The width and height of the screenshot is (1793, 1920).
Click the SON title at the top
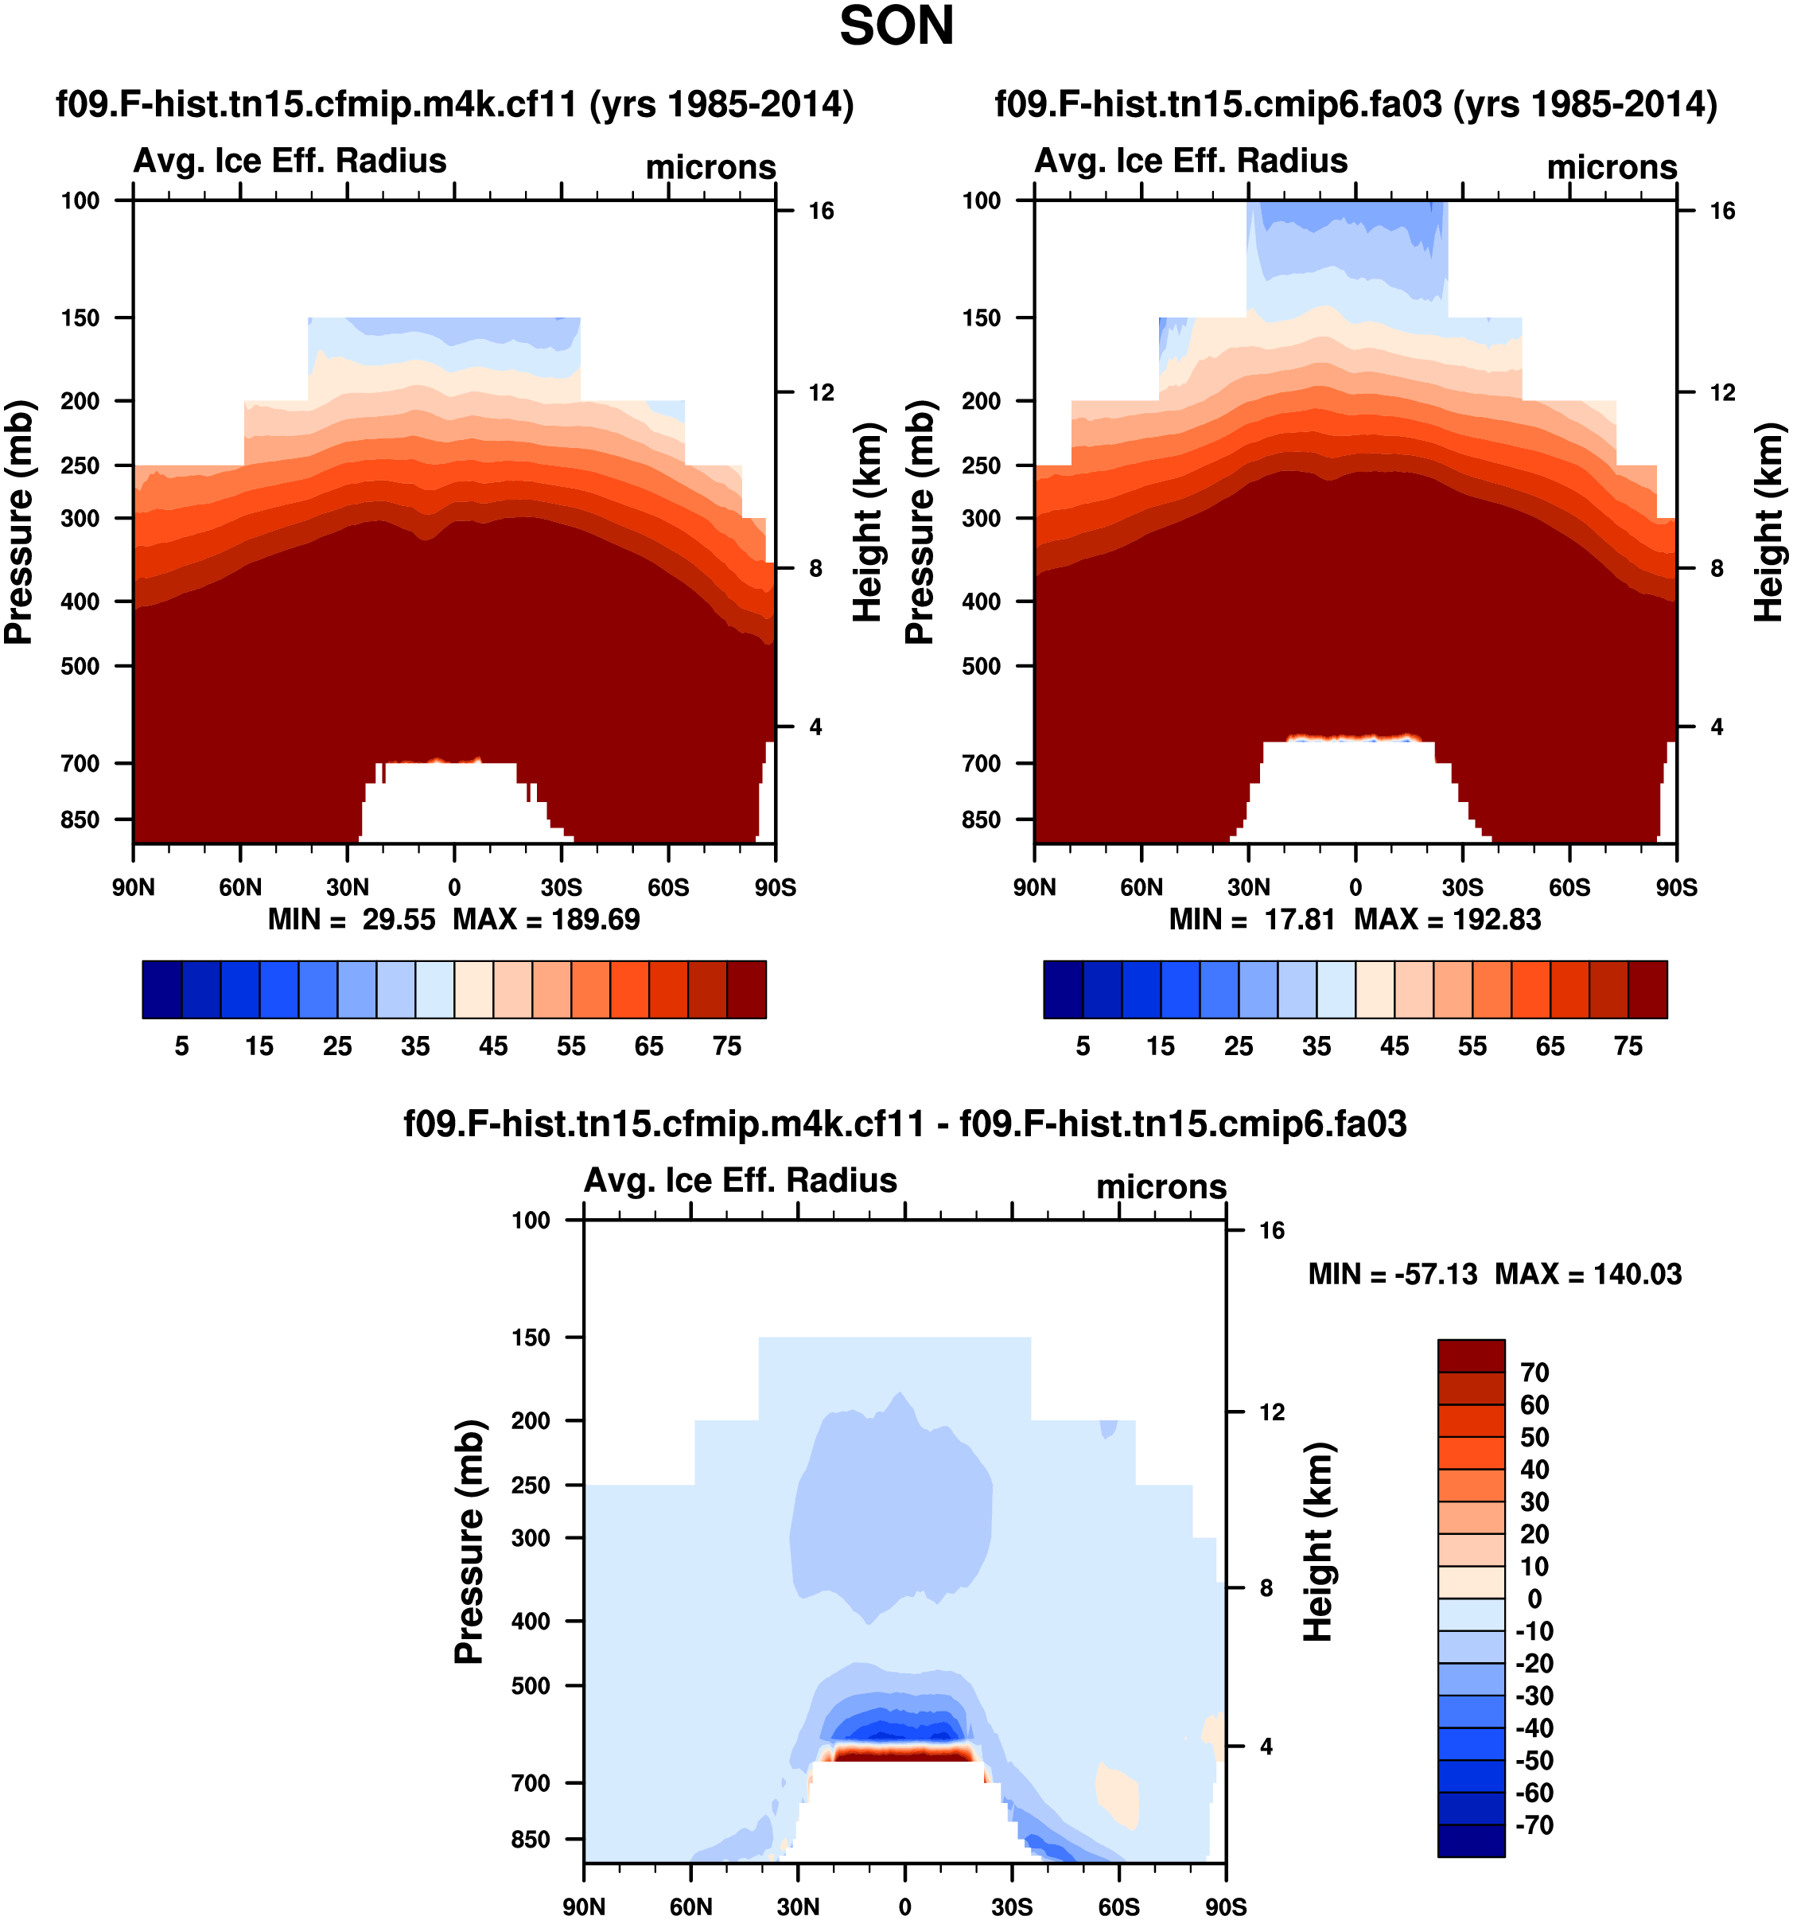pyautogui.click(x=896, y=27)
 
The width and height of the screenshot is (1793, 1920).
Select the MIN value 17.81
pyautogui.click(x=1299, y=920)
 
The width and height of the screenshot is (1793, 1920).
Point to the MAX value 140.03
pyautogui.click(x=1636, y=1275)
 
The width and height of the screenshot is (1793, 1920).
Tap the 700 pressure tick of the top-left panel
pyautogui.click(x=80, y=764)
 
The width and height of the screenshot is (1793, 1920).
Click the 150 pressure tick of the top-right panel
pyautogui.click(x=981, y=317)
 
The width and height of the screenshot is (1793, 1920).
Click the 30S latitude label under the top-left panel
pyautogui.click(x=561, y=887)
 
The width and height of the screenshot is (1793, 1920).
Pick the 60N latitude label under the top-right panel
pyautogui.click(x=1142, y=887)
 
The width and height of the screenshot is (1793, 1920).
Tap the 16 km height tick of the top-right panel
pyautogui.click(x=1721, y=211)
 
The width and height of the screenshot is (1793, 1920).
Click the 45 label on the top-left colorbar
pyautogui.click(x=493, y=1047)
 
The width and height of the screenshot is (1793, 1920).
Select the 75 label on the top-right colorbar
pyautogui.click(x=1628, y=1047)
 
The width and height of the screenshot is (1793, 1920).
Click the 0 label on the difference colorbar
pyautogui.click(x=1534, y=1599)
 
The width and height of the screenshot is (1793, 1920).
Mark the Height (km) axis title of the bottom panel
pyautogui.click(x=1318, y=1541)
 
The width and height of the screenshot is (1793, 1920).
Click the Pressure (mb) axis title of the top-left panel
pyautogui.click(x=19, y=521)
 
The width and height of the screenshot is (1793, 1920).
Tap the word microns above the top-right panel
pyautogui.click(x=1612, y=168)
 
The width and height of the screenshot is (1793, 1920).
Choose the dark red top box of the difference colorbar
pyautogui.click(x=1471, y=1356)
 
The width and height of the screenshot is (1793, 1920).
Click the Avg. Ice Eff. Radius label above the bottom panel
pyautogui.click(x=741, y=1180)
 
